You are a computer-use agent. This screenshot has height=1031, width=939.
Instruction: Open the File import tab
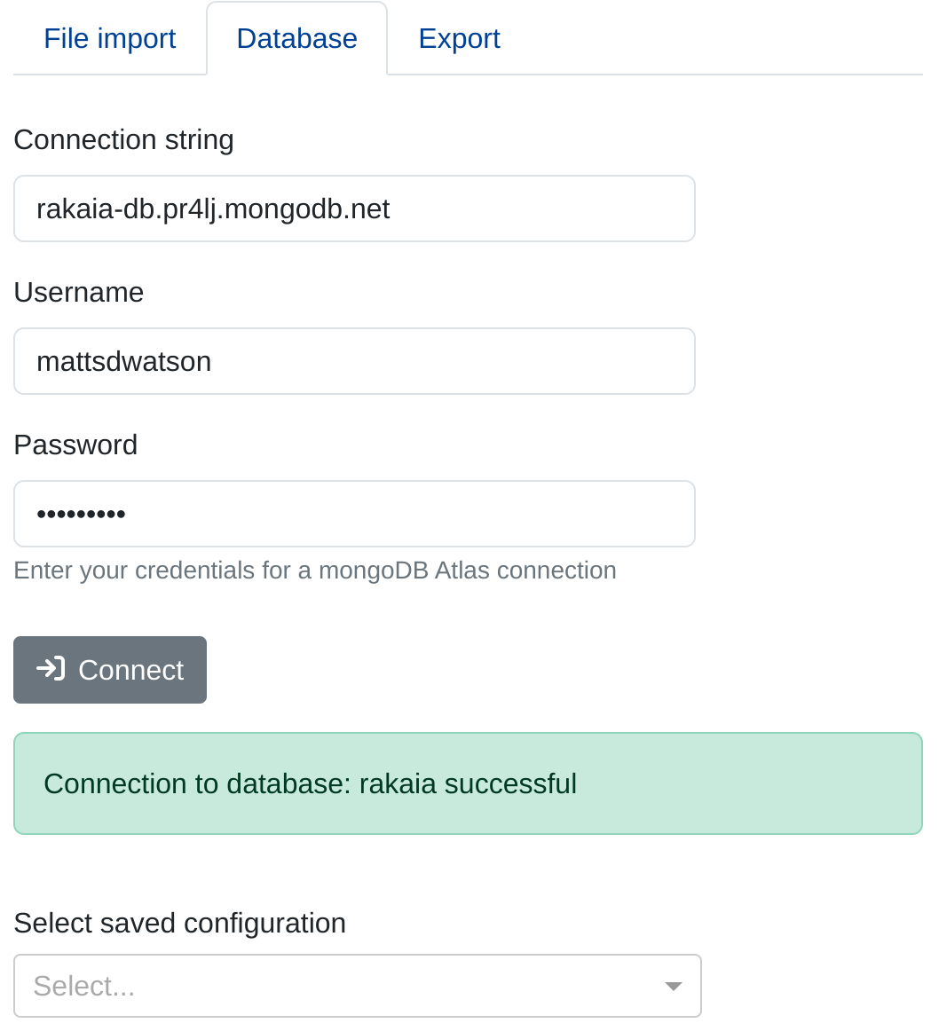pos(109,39)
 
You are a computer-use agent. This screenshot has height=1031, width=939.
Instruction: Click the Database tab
pos(296,39)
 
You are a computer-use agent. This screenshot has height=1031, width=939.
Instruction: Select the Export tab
pos(459,39)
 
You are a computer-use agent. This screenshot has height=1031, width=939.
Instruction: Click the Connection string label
pos(123,140)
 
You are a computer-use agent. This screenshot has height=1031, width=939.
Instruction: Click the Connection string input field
pos(354,209)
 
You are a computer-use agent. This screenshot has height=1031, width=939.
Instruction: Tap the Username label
pos(78,293)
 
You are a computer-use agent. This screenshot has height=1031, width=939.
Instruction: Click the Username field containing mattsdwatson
pos(354,361)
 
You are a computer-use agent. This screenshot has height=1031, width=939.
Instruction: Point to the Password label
pos(75,445)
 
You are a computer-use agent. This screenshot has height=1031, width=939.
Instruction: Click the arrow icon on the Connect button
pos(51,669)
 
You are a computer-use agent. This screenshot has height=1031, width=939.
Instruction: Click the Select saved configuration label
pos(179,924)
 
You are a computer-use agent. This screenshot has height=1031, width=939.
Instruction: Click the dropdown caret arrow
pos(673,987)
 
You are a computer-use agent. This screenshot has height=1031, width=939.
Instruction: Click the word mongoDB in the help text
pos(373,571)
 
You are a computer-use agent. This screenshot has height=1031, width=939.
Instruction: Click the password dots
pos(81,514)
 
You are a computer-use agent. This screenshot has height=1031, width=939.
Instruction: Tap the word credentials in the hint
pos(193,571)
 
